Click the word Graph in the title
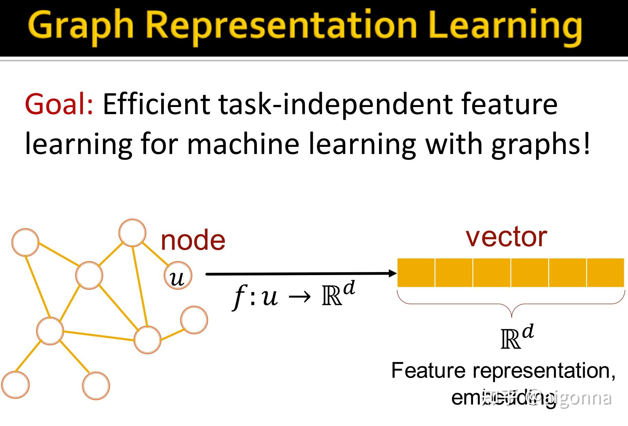coord(81,26)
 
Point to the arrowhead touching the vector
coord(393,273)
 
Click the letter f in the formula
coord(239,297)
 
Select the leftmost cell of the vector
coord(416,273)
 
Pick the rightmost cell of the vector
coord(605,273)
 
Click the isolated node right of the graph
coord(194,320)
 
